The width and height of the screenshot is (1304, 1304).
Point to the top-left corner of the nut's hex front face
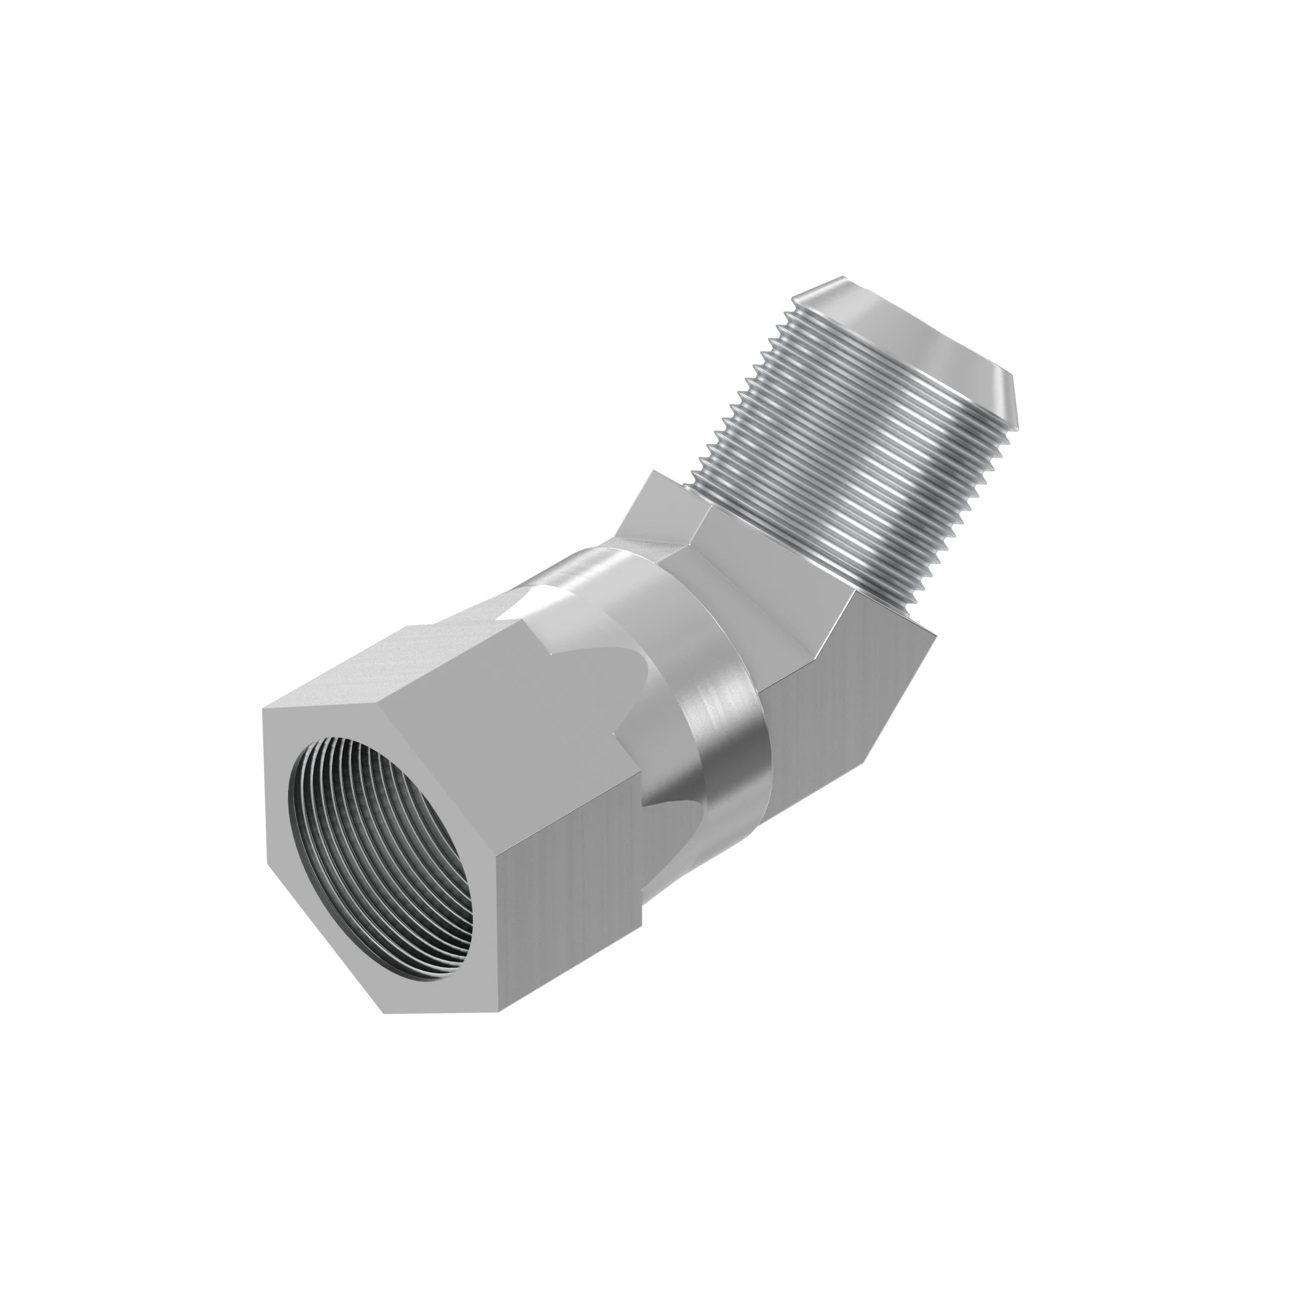click(x=264, y=709)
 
